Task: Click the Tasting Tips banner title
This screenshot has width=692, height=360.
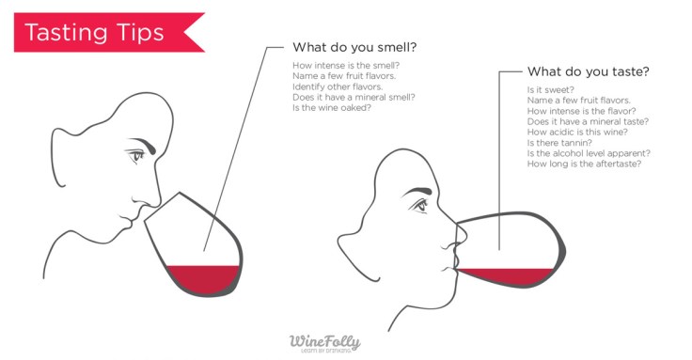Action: (x=94, y=32)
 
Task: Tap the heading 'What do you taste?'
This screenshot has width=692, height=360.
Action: (x=588, y=70)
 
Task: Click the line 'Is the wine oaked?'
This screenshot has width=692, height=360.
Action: (x=331, y=107)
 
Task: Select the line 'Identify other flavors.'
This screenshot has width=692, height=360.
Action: (x=339, y=86)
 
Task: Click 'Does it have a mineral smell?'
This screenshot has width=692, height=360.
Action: (x=354, y=97)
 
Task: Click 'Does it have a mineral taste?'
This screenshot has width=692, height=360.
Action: (x=588, y=121)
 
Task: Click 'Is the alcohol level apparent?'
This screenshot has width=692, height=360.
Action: (x=590, y=153)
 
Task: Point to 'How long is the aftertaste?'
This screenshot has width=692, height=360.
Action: (x=584, y=164)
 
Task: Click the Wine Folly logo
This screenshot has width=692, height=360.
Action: (x=324, y=342)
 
